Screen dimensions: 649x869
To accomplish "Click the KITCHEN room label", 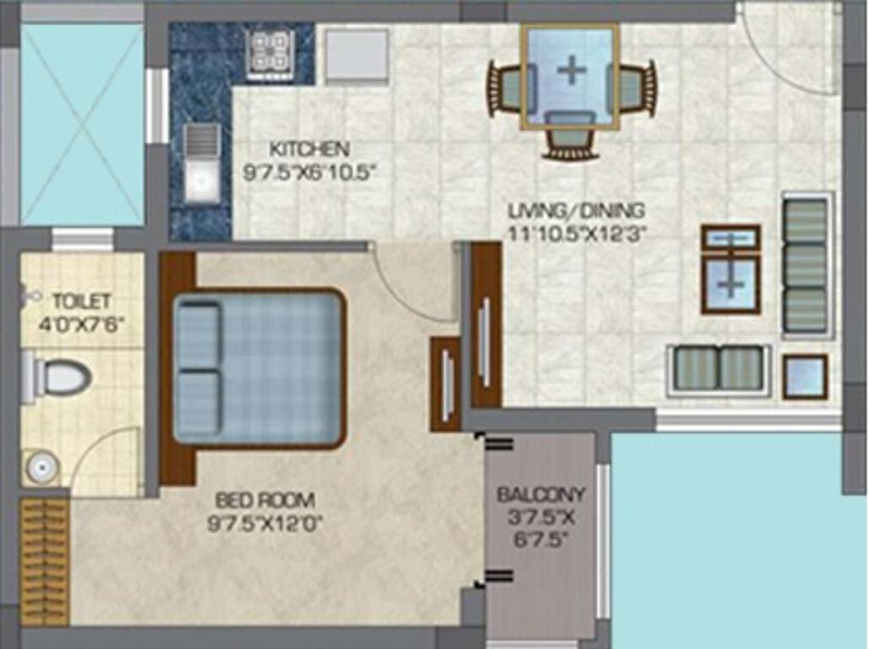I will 309,150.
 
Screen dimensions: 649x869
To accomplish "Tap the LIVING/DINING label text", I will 577,210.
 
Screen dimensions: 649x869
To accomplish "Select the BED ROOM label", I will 265,499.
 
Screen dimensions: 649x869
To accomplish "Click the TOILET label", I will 81,301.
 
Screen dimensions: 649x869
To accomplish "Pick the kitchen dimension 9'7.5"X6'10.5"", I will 309,172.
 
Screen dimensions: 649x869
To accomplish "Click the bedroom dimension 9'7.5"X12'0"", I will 265,523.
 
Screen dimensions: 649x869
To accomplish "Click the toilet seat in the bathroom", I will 64,378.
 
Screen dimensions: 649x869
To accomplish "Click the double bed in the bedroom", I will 259,369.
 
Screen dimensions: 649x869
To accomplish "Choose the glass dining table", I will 570,75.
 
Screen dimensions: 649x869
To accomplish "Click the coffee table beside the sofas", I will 730,270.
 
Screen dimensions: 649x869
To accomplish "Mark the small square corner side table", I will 804,377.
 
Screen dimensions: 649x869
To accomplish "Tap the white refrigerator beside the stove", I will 356,55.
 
